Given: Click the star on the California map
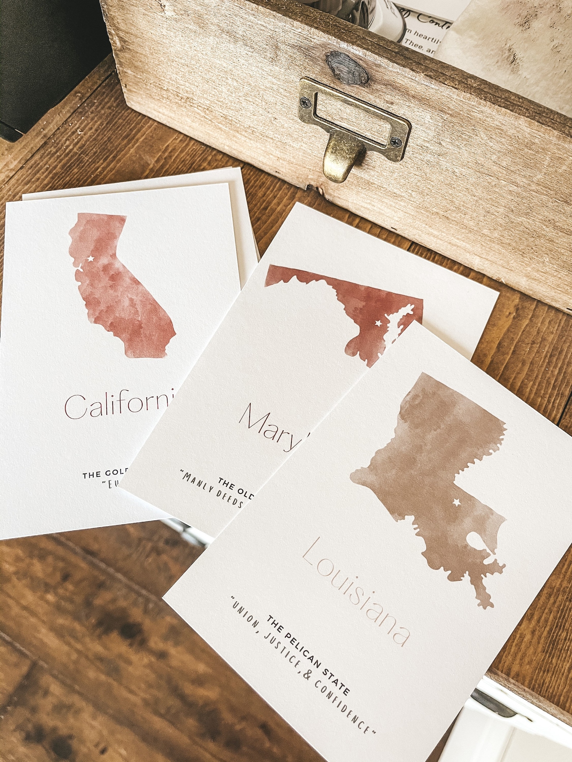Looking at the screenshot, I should [x=91, y=258].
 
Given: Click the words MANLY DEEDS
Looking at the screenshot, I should [x=213, y=490].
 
